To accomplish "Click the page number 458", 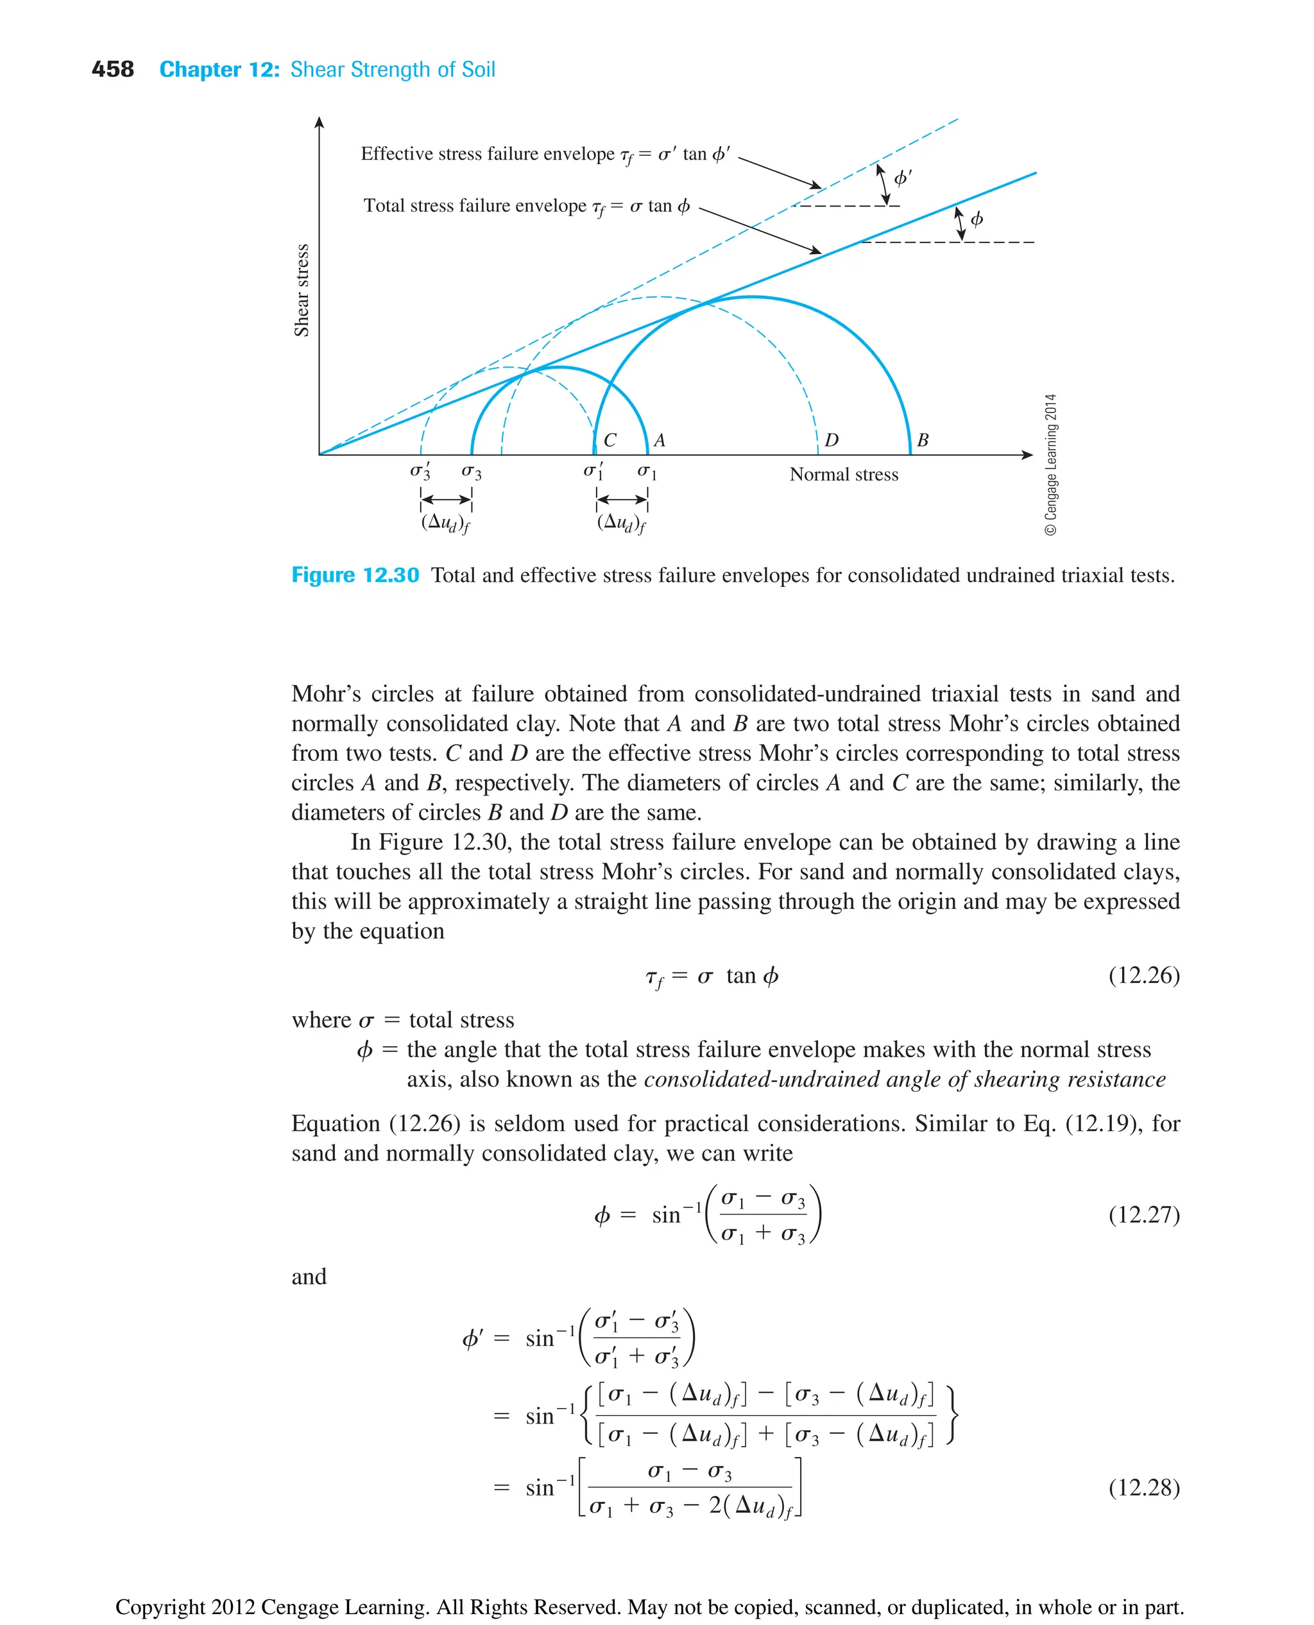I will pyautogui.click(x=112, y=70).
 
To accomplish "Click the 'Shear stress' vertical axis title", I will pyautogui.click(x=302, y=290).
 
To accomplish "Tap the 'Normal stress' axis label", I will pyautogui.click(x=843, y=475).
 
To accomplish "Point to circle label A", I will pyautogui.click(x=660, y=441).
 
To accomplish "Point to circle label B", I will pyautogui.click(x=922, y=441).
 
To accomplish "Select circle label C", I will pyautogui.click(x=610, y=441).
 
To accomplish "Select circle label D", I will pyautogui.click(x=831, y=441).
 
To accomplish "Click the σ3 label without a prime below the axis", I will pyautogui.click(x=471, y=472).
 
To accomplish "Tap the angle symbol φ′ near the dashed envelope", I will pyautogui.click(x=902, y=178).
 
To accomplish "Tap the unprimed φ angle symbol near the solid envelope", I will pyautogui.click(x=977, y=219).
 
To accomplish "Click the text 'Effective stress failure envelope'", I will pyautogui.click(x=488, y=155).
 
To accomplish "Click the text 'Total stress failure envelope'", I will pyautogui.click(x=475, y=206).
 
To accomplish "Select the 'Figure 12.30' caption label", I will pyautogui.click(x=355, y=576).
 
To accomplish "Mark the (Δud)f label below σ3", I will pyautogui.click(x=446, y=523).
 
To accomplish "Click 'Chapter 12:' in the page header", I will pyautogui.click(x=219, y=70).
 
